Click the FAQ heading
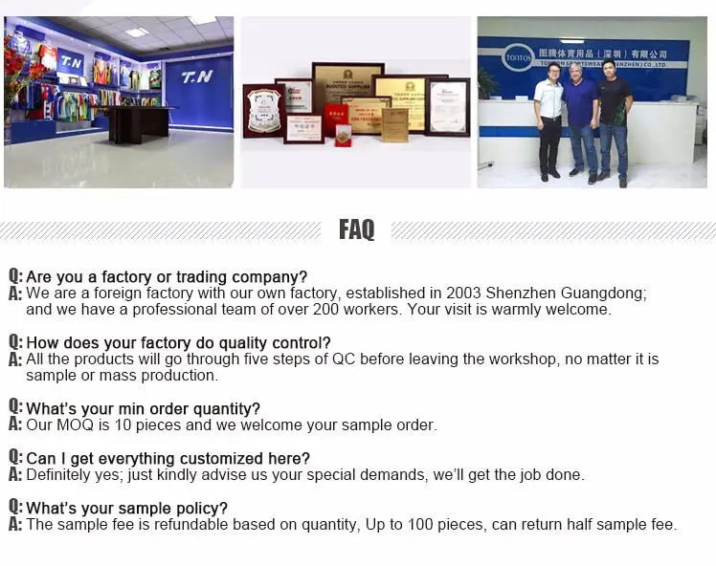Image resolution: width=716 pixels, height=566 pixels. coord(356,229)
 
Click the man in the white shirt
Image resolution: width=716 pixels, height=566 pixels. coord(548,120)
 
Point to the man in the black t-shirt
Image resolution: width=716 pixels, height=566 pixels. coord(613,120)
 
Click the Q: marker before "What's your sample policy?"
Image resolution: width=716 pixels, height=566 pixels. coord(14,508)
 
